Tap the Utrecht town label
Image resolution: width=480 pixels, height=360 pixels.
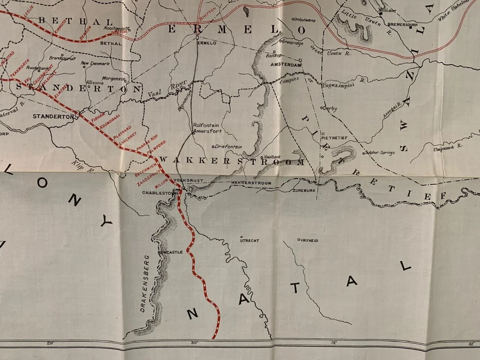click(249, 241)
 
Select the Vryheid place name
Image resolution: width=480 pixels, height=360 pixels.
click(309, 240)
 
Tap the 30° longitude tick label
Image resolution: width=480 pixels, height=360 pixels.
click(194, 343)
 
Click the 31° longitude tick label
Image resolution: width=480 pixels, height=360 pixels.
click(334, 343)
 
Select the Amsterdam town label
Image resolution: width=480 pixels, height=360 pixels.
click(288, 65)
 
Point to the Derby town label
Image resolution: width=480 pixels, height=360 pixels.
click(330, 108)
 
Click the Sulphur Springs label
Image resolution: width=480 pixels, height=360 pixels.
click(380, 153)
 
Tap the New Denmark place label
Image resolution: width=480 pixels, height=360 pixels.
click(96, 63)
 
